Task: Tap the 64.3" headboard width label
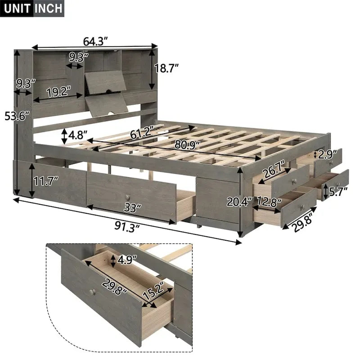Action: pos(95,41)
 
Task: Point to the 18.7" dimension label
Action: pos(166,68)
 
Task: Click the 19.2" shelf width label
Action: pos(59,91)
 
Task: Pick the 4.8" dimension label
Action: pos(78,135)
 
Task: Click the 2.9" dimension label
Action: pos(326,154)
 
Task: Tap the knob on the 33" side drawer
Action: pos(128,198)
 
